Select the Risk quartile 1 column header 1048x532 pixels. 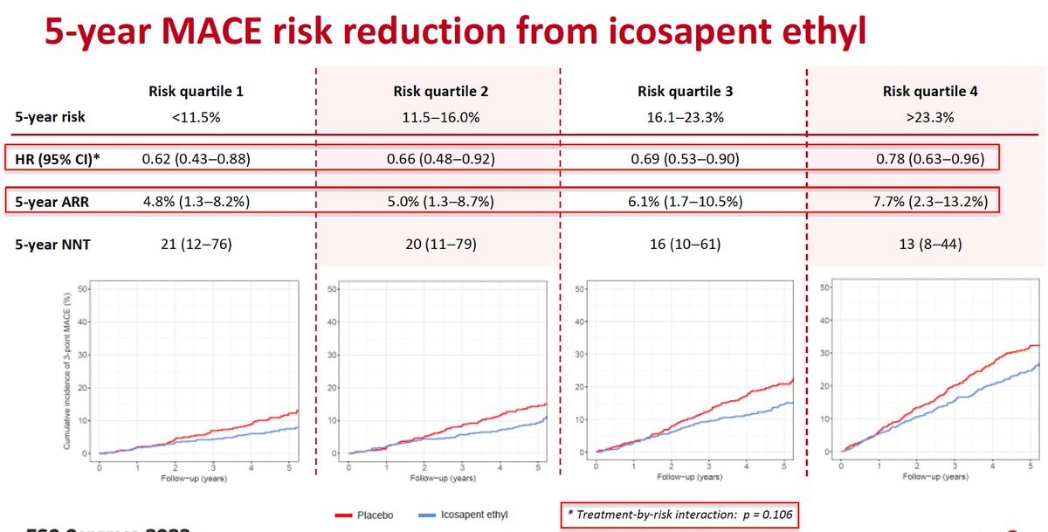click(x=186, y=92)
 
